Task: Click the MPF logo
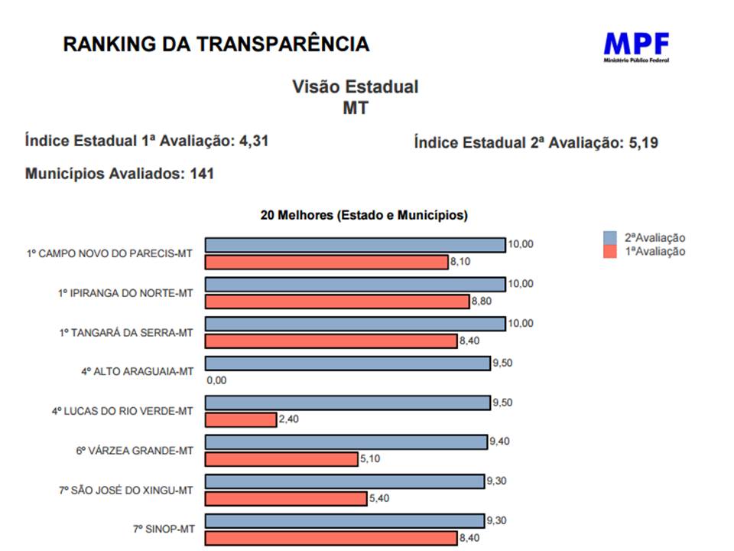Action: pos(636,46)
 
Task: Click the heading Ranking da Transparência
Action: pos(216,44)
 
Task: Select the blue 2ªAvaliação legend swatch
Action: pos(609,238)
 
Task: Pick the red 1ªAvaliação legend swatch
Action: pos(609,252)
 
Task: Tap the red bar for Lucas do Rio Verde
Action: pos(241,419)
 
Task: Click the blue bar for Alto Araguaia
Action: pos(348,364)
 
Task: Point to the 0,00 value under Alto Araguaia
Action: pos(217,380)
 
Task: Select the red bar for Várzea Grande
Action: pos(281,459)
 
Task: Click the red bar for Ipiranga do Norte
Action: pos(337,302)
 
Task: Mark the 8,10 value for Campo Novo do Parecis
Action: pos(460,262)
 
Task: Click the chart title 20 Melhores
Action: pos(363,216)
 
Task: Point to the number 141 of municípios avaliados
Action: pos(202,174)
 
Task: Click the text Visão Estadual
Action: pos(356,86)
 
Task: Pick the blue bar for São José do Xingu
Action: pos(346,481)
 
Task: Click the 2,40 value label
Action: pos(289,419)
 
